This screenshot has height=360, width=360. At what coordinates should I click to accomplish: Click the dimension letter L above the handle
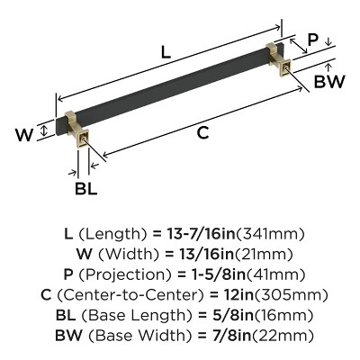[166, 52]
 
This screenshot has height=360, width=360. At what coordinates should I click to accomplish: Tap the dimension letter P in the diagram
[312, 40]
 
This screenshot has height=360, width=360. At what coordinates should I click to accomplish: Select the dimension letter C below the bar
[202, 133]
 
